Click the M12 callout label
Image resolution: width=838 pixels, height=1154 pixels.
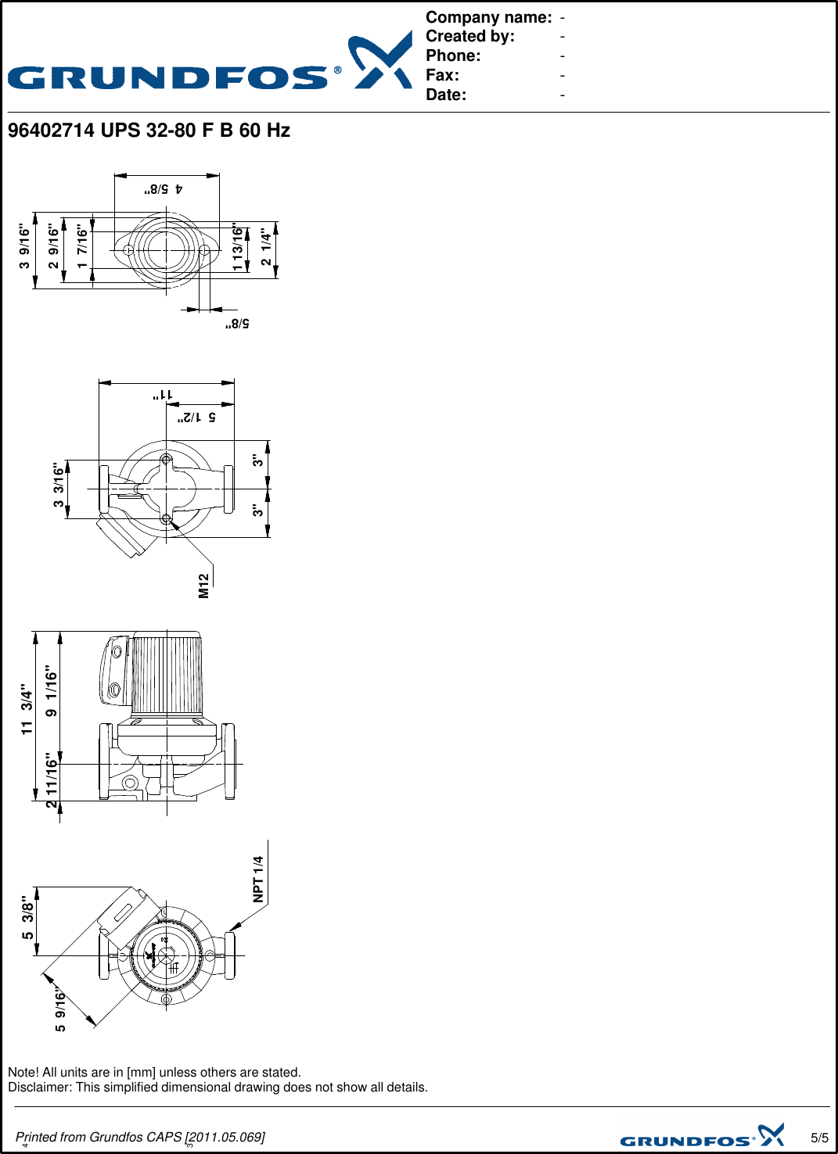point(204,586)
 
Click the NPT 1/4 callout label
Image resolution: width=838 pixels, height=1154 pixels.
point(258,879)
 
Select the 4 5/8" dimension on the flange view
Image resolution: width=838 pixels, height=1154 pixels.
point(163,189)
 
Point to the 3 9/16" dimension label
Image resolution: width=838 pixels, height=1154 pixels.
point(25,247)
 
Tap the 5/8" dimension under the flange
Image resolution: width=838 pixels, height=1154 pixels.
point(237,324)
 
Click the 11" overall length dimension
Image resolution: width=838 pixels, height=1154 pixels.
point(163,396)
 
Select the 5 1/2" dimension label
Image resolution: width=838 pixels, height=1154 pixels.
point(196,418)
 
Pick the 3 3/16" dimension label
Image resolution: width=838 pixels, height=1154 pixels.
point(59,485)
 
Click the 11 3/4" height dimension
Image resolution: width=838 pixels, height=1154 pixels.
point(27,709)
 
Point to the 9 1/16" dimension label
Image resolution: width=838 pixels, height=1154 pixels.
point(52,691)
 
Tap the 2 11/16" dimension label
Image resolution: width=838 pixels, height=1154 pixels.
point(52,780)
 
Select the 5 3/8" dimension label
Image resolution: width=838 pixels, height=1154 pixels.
point(28,917)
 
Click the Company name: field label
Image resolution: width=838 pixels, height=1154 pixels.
point(488,17)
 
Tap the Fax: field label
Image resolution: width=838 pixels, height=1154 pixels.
point(442,75)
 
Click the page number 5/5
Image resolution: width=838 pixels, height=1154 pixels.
point(819,1138)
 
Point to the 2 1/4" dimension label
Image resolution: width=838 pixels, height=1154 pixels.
point(267,248)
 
